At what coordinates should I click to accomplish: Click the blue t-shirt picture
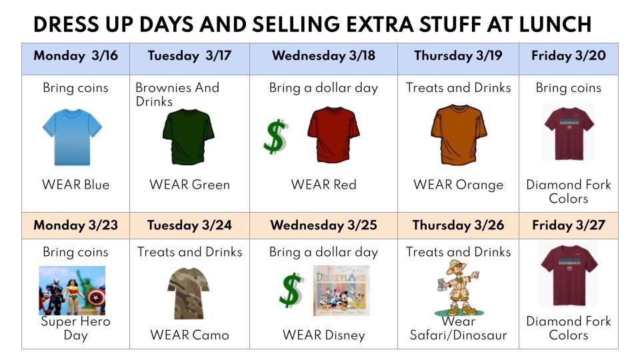pos(72,137)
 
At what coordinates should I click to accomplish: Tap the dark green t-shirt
pos(189,136)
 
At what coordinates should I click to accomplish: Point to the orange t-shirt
pos(459,134)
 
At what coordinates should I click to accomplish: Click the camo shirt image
pos(189,293)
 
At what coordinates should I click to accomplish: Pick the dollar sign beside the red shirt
pos(275,137)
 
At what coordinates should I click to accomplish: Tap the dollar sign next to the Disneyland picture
pos(291,290)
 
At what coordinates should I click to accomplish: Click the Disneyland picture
pos(341,290)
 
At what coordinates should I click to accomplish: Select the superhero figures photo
pos(72,290)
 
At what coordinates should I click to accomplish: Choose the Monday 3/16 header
pos(75,55)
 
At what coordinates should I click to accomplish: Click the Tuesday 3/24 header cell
pos(189,225)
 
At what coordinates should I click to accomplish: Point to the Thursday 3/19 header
pos(458,55)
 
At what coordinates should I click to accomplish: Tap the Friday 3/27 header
pos(569,225)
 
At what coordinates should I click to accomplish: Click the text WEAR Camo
pos(189,335)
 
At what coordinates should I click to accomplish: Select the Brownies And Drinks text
pos(177,94)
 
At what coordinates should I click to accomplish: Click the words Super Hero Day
pos(75,328)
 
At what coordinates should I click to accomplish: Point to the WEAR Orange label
pos(458,185)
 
